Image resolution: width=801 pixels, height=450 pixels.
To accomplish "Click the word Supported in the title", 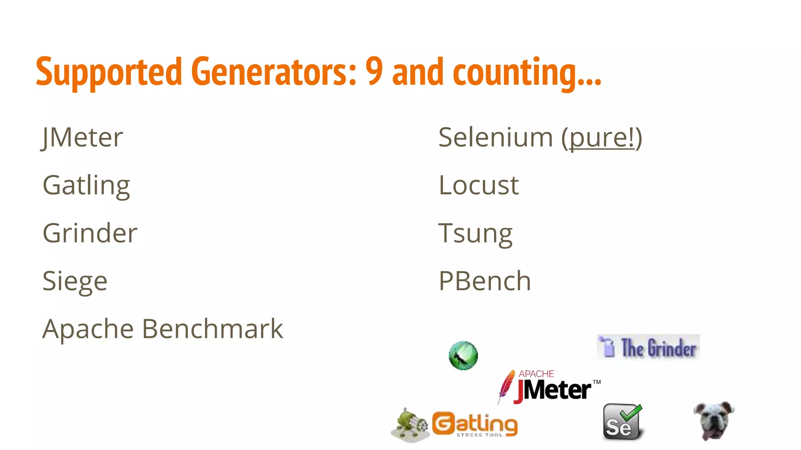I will [x=109, y=72].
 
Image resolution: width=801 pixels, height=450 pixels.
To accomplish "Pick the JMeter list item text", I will [x=83, y=137].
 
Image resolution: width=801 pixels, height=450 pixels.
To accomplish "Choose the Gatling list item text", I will [x=86, y=186].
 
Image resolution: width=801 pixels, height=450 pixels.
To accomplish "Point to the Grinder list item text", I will [x=90, y=233].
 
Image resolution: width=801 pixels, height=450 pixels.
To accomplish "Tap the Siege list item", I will [x=75, y=281].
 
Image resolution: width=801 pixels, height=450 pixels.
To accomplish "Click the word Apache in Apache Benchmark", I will [x=88, y=329].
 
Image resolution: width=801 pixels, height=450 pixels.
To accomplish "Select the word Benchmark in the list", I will [x=212, y=329].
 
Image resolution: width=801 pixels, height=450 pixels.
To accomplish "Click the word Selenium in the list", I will [x=496, y=137].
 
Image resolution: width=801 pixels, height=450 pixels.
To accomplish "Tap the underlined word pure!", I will [x=602, y=138].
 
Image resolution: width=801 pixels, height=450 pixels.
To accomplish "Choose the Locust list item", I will [x=479, y=185].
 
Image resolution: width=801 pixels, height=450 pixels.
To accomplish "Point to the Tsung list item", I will [x=475, y=234].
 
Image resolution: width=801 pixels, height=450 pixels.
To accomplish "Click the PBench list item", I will [x=485, y=281].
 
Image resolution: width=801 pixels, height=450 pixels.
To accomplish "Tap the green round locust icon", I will [x=463, y=355].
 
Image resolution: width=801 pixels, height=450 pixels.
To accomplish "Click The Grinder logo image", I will [x=648, y=347].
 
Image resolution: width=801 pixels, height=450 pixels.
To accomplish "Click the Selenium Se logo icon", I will [x=622, y=422].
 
